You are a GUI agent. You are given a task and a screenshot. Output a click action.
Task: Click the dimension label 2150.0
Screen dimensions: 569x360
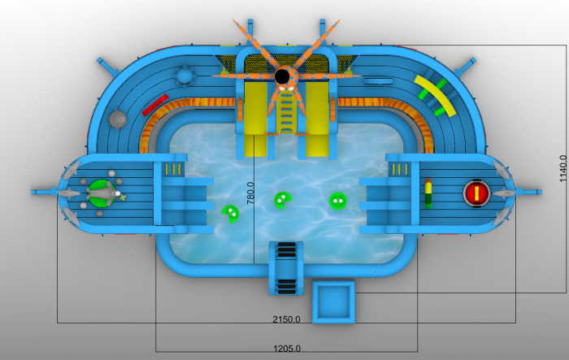click(286, 319)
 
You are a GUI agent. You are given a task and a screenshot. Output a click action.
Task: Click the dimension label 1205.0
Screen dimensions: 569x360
click(287, 349)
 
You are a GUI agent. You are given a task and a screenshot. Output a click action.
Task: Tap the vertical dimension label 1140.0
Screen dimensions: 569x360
click(562, 168)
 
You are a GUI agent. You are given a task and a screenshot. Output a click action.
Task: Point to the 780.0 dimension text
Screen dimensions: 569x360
click(250, 193)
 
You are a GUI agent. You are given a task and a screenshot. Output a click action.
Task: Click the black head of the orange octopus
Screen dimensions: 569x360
click(282, 76)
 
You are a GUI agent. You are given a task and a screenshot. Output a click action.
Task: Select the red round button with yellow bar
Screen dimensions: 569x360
click(476, 193)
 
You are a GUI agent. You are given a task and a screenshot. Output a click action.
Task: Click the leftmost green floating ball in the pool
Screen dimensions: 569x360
click(230, 214)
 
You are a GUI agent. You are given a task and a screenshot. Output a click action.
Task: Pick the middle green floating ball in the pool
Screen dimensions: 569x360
click(283, 201)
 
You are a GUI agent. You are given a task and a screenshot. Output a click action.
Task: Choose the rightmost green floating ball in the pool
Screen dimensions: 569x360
click(338, 201)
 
